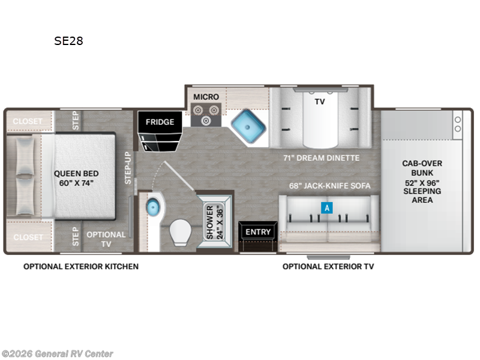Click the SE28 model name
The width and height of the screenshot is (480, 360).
click(x=68, y=41)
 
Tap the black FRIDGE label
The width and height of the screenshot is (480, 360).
click(x=160, y=122)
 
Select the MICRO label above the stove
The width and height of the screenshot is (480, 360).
click(x=206, y=97)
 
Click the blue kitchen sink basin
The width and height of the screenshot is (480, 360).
click(x=248, y=126)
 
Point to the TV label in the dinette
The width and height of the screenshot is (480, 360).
click(x=320, y=101)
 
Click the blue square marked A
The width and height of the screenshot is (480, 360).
click(x=327, y=208)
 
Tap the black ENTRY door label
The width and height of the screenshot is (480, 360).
click(x=258, y=232)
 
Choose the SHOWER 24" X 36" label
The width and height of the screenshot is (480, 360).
click(x=215, y=222)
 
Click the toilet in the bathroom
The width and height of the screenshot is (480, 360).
click(x=181, y=232)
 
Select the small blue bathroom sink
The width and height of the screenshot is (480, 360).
click(x=153, y=207)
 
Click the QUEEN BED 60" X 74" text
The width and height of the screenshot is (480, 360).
click(x=76, y=178)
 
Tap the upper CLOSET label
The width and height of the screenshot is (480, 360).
click(x=28, y=121)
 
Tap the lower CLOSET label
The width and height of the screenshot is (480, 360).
click(x=28, y=237)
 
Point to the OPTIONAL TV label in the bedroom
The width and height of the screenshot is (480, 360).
click(x=106, y=239)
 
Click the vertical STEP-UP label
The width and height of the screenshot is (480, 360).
click(x=128, y=168)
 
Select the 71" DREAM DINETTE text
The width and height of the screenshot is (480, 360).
click(x=322, y=158)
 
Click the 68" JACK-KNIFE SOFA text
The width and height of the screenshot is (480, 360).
click(x=329, y=186)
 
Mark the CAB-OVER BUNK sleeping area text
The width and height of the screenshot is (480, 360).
click(x=422, y=182)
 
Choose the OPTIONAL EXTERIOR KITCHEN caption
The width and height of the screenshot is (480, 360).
click(x=81, y=266)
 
